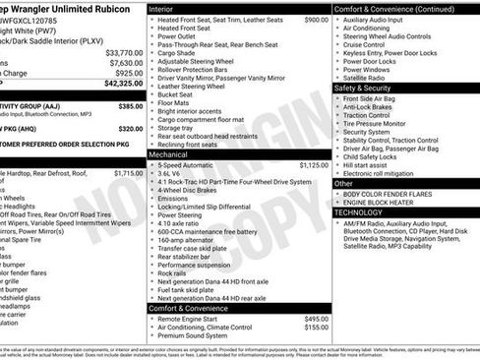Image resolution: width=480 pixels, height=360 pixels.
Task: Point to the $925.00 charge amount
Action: pyautogui.click(x=129, y=73)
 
